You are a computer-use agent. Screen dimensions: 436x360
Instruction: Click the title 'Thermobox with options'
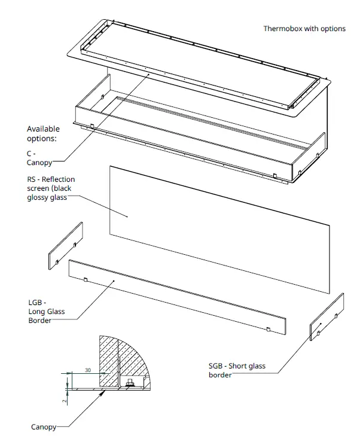tap(304, 29)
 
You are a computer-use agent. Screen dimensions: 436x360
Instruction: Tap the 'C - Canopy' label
tap(40, 158)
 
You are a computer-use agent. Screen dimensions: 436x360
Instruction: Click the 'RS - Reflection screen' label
tap(51, 188)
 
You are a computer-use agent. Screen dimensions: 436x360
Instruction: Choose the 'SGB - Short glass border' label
tap(237, 370)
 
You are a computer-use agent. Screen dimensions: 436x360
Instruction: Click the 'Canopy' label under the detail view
tap(44, 427)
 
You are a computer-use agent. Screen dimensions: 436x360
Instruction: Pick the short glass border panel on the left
tap(65, 246)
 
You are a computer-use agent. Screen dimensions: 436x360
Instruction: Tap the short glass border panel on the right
tap(327, 316)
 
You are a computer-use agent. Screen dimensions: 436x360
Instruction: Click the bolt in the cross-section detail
tap(127, 383)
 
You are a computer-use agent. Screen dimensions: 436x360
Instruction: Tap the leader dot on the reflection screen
tap(128, 215)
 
